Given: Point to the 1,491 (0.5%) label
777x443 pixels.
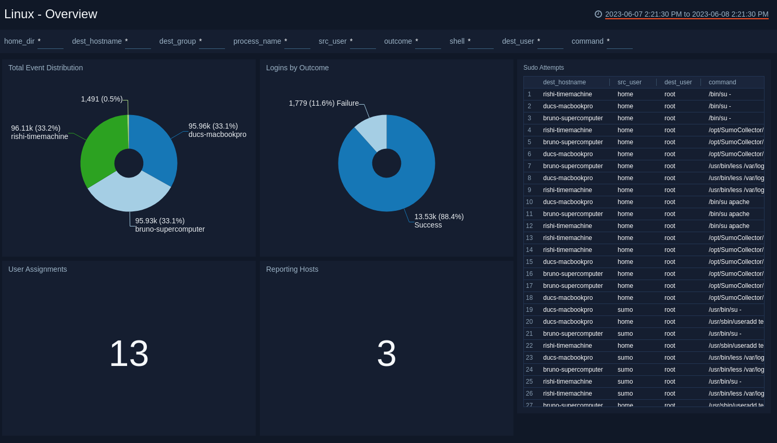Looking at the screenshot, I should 102,99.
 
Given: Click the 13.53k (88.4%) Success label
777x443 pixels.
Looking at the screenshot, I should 438,221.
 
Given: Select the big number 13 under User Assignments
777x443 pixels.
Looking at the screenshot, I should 129,353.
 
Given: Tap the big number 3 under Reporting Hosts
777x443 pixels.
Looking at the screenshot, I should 386,353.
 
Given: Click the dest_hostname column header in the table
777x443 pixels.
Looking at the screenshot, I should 564,82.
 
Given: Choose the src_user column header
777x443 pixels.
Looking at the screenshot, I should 629,82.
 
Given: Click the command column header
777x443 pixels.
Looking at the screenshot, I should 722,82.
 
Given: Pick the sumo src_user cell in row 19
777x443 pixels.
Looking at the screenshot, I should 625,310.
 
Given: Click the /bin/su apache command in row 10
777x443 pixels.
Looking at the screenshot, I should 729,202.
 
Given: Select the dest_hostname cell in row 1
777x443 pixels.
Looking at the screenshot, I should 567,94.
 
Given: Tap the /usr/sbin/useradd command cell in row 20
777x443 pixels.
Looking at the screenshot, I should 735,322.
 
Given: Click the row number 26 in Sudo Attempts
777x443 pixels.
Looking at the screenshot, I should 529,394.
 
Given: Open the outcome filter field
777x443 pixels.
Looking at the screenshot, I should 428,42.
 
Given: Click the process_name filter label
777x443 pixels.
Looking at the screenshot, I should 257,41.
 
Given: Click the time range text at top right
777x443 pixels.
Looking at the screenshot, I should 686,14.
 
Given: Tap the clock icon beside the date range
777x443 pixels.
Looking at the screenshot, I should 598,14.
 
